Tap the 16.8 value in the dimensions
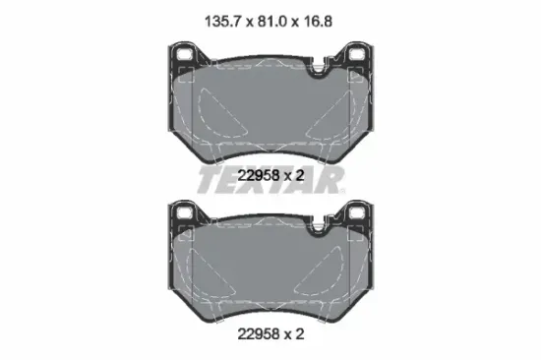click(x=318, y=22)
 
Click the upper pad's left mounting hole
click(x=184, y=54)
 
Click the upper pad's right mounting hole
click(x=356, y=54)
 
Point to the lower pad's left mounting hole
click(x=184, y=212)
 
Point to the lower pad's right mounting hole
click(x=356, y=212)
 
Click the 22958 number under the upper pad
click(x=259, y=176)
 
